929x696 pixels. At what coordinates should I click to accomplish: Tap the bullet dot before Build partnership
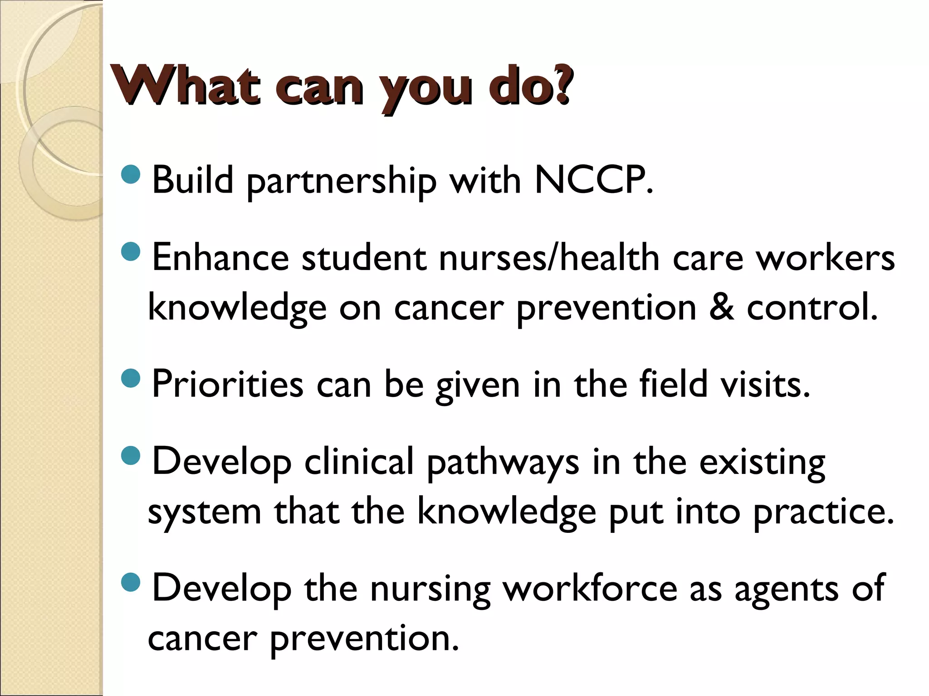[132, 174]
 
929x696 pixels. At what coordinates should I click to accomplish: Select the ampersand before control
[721, 307]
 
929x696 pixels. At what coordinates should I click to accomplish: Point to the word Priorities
[227, 384]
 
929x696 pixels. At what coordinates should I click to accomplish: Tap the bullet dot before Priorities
[132, 377]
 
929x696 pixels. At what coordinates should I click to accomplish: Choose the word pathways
[503, 463]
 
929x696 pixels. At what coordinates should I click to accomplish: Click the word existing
[762, 463]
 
